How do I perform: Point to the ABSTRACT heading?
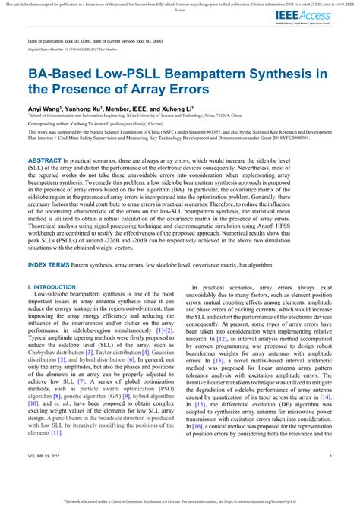coord(46,162)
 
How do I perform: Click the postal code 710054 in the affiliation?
coord(232,115)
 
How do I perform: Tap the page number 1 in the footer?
coord(331,476)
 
